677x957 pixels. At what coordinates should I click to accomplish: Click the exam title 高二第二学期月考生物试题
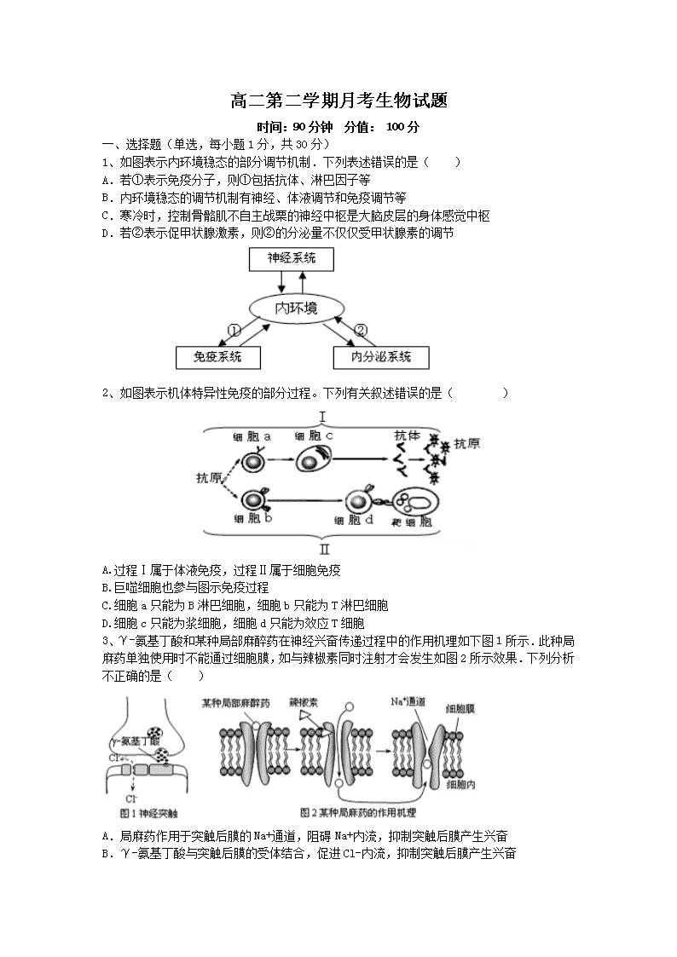pos(338,100)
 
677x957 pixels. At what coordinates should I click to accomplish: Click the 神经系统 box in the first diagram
pos(292,259)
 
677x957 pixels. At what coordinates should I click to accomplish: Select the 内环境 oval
pos(296,308)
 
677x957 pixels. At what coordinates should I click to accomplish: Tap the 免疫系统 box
pos(218,358)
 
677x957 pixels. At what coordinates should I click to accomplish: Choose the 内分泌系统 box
pos(381,358)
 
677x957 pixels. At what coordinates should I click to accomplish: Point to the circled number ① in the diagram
pos(234,330)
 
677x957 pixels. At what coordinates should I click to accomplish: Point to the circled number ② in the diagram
pos(361,330)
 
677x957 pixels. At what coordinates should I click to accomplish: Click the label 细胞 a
pos(252,437)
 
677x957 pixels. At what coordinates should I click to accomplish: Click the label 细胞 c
pos(314,435)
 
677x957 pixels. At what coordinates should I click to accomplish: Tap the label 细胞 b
pos(252,519)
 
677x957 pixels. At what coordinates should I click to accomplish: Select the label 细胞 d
pos(354,521)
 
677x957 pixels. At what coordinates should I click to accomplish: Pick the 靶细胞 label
pos(412,522)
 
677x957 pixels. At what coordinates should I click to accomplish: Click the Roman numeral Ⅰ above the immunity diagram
pos(322,418)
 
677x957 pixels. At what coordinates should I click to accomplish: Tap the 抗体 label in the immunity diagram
pos(408,435)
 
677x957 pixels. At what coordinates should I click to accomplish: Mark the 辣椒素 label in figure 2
pos(304,702)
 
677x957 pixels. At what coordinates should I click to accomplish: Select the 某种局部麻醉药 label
pos(235,703)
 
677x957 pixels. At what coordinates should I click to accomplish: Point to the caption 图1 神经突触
pos(148,814)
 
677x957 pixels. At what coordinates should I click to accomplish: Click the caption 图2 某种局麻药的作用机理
pos(358,813)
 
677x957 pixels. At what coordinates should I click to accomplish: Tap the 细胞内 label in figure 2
pos(461,784)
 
